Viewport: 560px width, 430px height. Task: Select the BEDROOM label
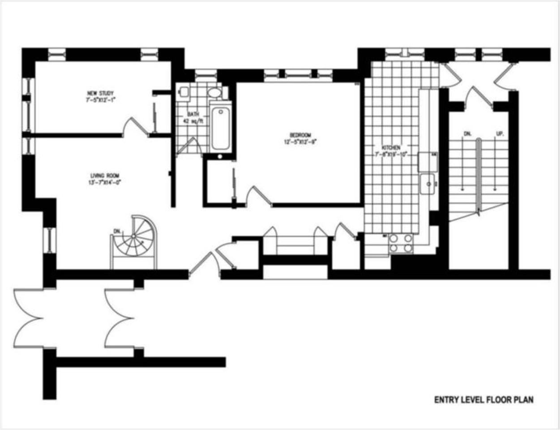(x=299, y=135)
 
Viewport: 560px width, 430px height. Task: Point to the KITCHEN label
(x=390, y=148)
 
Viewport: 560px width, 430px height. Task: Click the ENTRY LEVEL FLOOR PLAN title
(x=483, y=400)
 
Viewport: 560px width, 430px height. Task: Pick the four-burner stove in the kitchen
(x=401, y=243)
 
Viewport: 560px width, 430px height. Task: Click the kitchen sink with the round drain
(x=428, y=184)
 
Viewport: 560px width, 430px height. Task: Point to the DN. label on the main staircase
(x=468, y=133)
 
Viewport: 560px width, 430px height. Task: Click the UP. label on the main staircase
(x=499, y=133)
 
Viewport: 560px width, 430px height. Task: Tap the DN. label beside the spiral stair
(x=117, y=231)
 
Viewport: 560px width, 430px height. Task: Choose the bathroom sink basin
(x=215, y=93)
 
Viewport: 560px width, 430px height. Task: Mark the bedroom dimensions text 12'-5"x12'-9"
(x=299, y=142)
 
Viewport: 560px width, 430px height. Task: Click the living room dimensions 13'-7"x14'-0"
(x=105, y=182)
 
